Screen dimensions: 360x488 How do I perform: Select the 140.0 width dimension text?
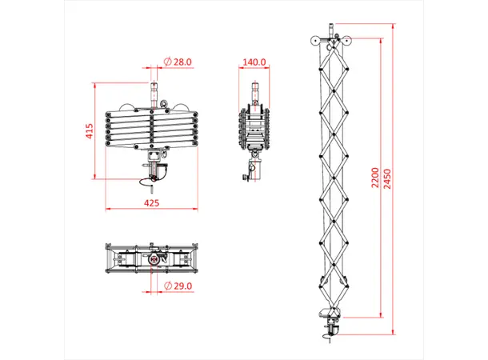[x=254, y=62]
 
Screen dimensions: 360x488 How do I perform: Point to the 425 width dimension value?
[x=150, y=203]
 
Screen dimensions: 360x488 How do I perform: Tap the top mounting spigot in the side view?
[x=254, y=90]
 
